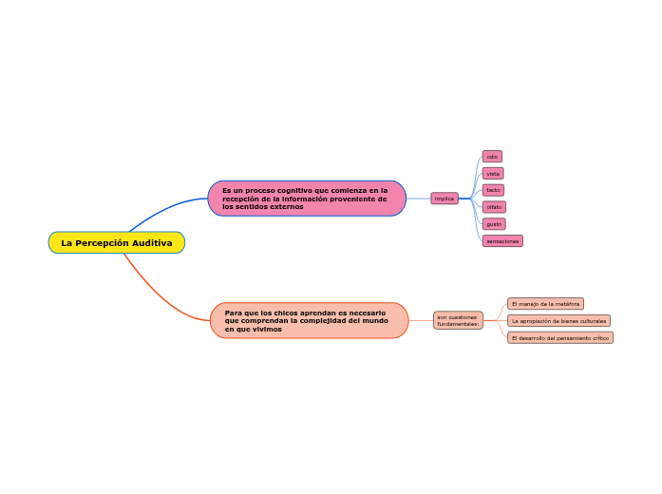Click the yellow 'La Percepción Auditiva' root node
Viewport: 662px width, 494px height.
pyautogui.click(x=116, y=243)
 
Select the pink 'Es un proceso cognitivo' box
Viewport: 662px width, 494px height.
pyautogui.click(x=306, y=199)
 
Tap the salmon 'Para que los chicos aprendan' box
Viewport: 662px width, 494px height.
pyautogui.click(x=309, y=320)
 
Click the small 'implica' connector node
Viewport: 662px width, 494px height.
pyautogui.click(x=444, y=199)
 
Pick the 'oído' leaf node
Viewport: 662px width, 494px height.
pyautogui.click(x=492, y=157)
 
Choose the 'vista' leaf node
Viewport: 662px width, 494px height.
pyautogui.click(x=493, y=174)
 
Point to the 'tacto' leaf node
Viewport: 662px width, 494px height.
pyautogui.click(x=493, y=190)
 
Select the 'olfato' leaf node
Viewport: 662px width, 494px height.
pyautogui.click(x=494, y=207)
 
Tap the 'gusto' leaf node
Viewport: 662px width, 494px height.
pyautogui.click(x=494, y=224)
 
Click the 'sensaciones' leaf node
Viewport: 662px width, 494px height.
pyautogui.click(x=502, y=241)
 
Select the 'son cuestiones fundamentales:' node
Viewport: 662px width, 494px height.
pyautogui.click(x=458, y=320)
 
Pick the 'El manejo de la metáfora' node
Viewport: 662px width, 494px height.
pyautogui.click(x=545, y=304)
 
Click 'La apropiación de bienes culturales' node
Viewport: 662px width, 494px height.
pyautogui.click(x=558, y=321)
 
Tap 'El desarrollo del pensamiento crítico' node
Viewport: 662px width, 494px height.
pyautogui.click(x=560, y=338)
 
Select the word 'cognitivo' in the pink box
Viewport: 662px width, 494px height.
pyautogui.click(x=295, y=190)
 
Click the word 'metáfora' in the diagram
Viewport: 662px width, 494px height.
pyautogui.click(x=566, y=304)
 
